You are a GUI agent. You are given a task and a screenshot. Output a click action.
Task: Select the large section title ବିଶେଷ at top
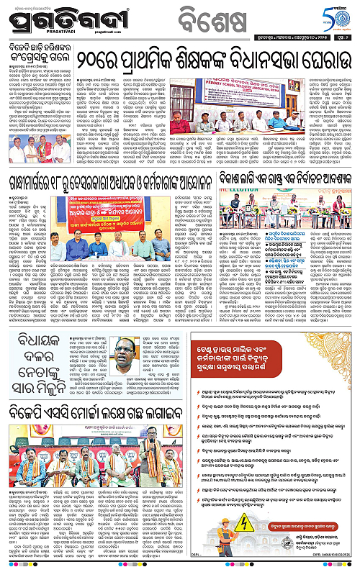click(186, 14)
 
